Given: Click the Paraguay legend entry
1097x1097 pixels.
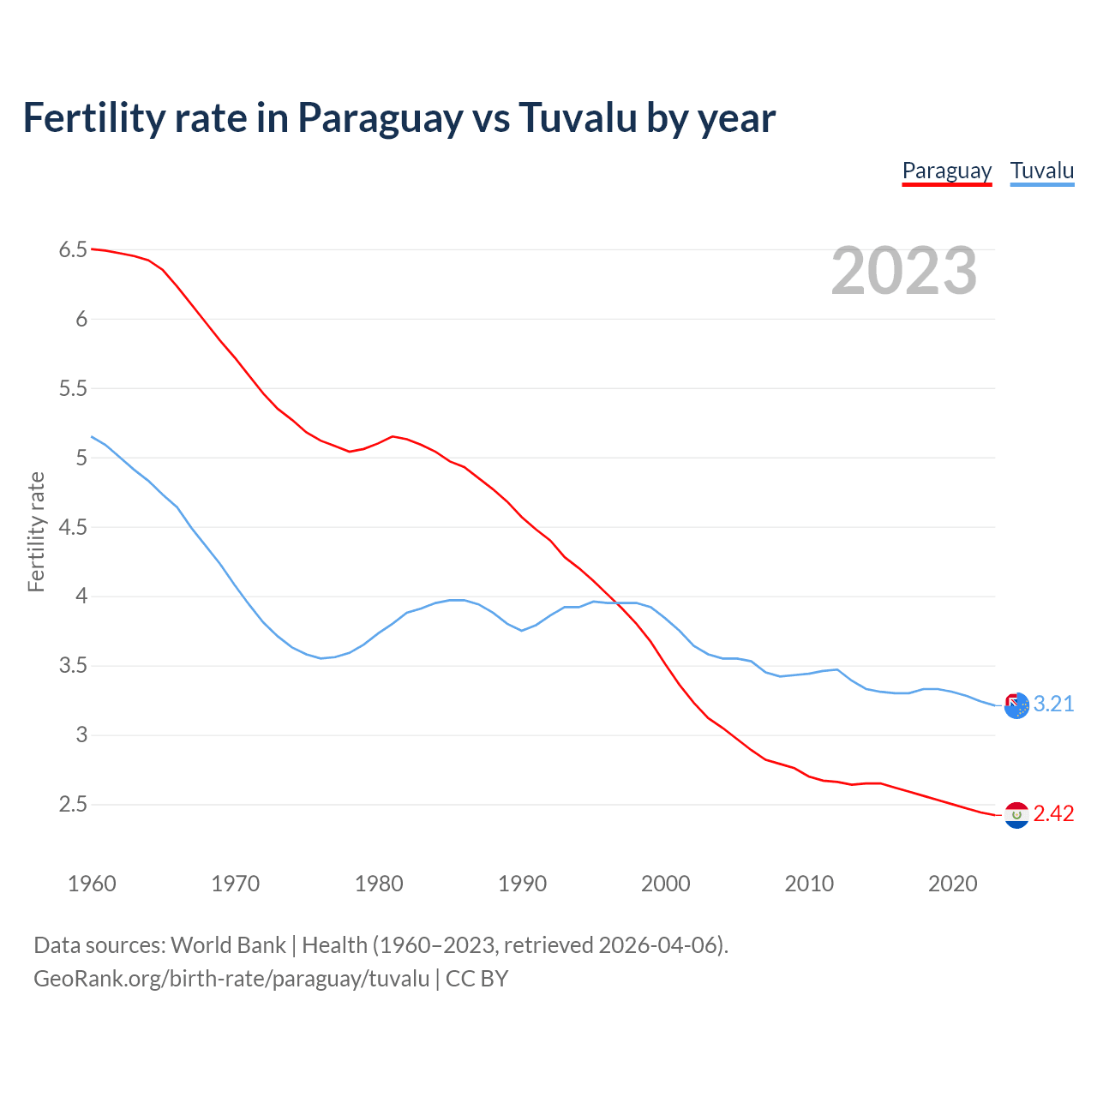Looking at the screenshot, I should (x=946, y=171).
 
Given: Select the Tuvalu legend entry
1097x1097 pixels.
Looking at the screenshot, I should (x=1041, y=171).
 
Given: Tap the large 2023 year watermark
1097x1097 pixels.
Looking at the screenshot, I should (x=904, y=271).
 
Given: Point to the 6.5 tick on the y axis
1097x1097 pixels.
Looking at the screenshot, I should (x=73, y=250).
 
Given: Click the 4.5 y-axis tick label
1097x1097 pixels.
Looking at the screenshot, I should (x=73, y=527).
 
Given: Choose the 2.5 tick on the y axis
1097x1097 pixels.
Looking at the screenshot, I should (x=73, y=804).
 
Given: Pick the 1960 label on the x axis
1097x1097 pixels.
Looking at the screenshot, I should (x=92, y=884).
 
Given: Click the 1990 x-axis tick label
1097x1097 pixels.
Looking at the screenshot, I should (x=522, y=884).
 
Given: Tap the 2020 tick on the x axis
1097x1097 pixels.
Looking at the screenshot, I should (x=952, y=884).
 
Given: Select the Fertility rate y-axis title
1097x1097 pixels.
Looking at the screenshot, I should (x=36, y=531).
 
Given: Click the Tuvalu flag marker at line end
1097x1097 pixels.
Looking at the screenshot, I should (x=1016, y=705).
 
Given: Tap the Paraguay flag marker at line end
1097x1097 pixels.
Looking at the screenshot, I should (x=1016, y=815).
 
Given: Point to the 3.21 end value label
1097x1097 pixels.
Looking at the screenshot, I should (x=1053, y=704).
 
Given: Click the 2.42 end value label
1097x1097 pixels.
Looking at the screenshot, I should (x=1053, y=813).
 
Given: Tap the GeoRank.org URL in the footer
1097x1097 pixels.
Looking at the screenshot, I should (x=231, y=979).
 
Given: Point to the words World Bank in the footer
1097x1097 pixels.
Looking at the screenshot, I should (x=228, y=945).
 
